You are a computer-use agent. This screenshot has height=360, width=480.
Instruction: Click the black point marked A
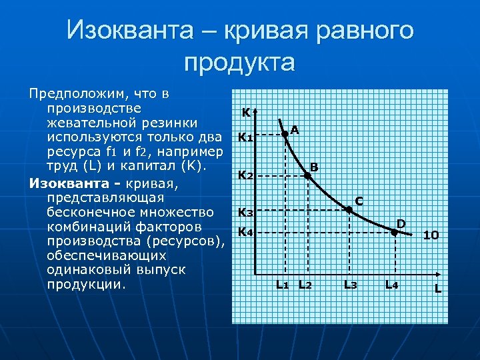285,134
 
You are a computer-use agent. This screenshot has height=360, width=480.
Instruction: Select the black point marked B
307,176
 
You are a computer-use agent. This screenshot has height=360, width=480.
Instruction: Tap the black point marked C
349,209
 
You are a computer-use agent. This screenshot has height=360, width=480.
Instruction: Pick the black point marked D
394,232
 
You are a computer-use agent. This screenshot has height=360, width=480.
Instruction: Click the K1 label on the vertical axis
245,139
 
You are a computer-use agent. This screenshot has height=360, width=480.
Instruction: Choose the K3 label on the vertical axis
245,213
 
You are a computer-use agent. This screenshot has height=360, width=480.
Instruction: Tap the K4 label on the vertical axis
245,232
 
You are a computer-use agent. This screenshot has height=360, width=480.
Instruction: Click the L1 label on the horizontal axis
283,285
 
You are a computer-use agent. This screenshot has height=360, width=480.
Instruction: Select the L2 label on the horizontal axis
305,285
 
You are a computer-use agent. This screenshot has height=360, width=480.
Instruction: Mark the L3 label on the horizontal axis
350,285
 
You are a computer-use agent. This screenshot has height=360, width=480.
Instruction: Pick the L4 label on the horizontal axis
392,285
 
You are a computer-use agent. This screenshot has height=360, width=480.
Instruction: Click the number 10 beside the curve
431,235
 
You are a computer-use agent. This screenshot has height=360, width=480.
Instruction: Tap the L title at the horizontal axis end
438,289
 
